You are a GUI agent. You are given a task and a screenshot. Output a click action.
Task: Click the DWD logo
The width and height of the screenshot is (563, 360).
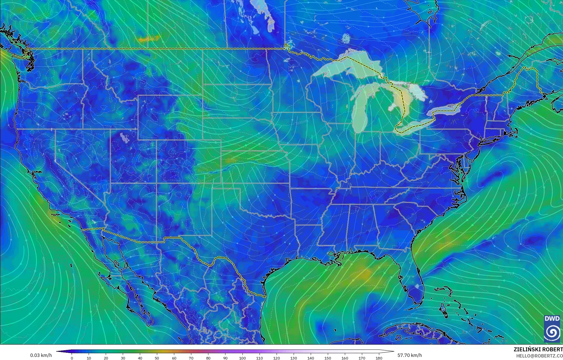(x=552, y=328)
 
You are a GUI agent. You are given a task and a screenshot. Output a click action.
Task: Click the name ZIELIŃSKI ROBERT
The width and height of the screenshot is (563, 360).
(x=538, y=349)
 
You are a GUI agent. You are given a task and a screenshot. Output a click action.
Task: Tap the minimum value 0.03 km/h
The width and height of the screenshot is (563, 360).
(x=41, y=355)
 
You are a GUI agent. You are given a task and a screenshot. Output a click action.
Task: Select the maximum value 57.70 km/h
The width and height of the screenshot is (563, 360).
(x=409, y=355)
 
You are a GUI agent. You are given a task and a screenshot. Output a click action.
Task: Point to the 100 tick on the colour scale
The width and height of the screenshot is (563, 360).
(x=242, y=358)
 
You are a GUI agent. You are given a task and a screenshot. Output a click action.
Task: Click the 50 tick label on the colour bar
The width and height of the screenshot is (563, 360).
(x=157, y=358)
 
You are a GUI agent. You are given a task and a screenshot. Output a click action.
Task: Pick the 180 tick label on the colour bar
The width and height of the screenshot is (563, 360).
(x=379, y=358)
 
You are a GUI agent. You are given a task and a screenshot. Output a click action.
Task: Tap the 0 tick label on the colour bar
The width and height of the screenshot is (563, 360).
(x=72, y=358)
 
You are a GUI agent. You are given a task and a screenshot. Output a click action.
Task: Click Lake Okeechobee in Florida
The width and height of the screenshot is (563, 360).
(x=417, y=286)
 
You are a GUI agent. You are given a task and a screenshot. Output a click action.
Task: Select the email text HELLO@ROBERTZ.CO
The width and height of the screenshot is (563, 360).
(x=539, y=356)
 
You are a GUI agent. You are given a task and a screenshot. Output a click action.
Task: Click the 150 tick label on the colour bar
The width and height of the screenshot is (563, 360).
(x=328, y=358)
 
